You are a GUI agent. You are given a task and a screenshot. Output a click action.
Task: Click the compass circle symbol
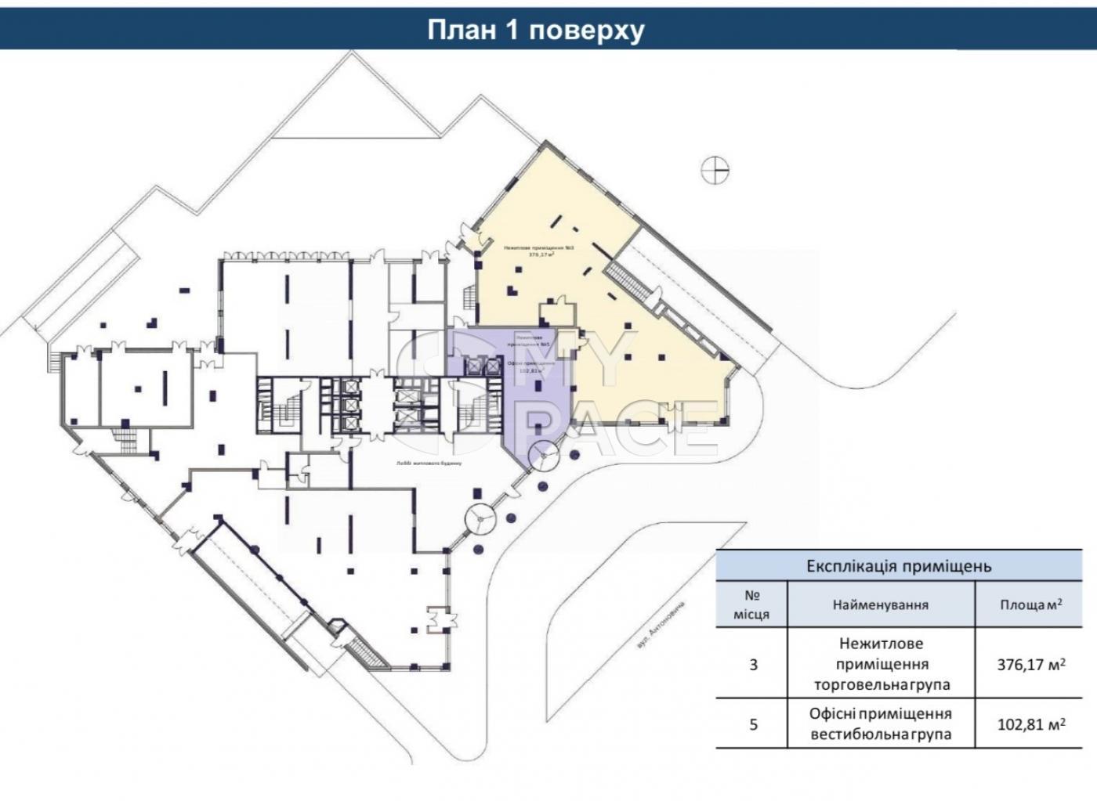pos(715,169)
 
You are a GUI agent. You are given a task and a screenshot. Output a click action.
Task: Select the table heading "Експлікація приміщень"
pos(899,566)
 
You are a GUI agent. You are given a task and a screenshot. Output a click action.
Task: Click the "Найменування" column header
pos(880,604)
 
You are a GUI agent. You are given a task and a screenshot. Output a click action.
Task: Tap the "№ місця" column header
pos(751,604)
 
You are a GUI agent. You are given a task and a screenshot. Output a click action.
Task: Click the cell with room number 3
pos(753,665)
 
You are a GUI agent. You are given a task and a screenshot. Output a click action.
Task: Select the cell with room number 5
pos(753,724)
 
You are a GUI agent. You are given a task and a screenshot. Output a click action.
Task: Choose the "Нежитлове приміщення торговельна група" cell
pos(882,664)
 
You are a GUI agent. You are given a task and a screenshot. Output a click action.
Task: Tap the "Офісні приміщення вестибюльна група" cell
pos(880,724)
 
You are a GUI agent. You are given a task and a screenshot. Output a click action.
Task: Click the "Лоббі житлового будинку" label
pos(429,464)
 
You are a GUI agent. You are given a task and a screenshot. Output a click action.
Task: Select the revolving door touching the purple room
pos(543,453)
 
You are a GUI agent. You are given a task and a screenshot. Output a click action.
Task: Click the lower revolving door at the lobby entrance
pos(480,518)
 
